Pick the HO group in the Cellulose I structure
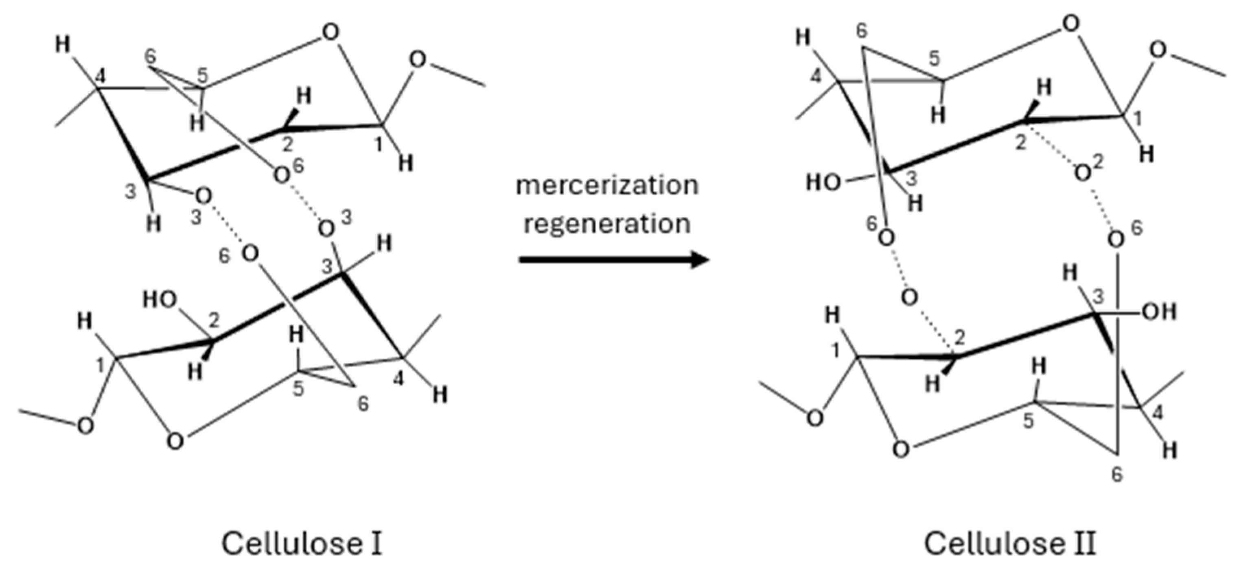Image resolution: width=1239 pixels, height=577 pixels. click(x=160, y=300)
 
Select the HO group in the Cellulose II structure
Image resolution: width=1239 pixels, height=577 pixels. click(x=823, y=183)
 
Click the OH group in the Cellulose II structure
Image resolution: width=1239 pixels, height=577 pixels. click(x=1159, y=313)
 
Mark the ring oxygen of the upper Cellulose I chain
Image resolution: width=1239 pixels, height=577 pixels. click(x=331, y=33)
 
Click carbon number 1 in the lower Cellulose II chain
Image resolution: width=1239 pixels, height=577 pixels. click(x=836, y=351)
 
